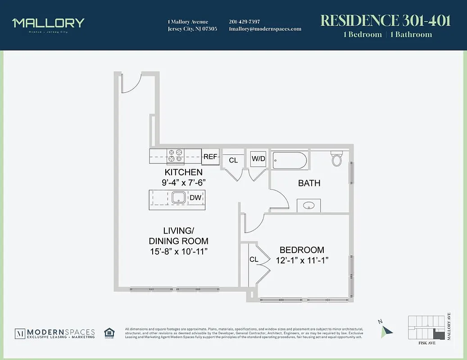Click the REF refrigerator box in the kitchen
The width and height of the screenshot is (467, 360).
click(x=210, y=157)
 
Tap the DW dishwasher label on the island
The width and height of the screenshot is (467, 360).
click(x=195, y=198)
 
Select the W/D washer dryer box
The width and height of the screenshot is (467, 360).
click(x=258, y=158)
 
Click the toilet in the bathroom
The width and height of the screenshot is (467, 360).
click(x=337, y=158)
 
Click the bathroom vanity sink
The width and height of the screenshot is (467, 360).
click(x=309, y=206)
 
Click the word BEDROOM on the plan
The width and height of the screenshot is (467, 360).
click(x=302, y=250)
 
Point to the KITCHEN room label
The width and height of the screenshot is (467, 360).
click(x=183, y=172)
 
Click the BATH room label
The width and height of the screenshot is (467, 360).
click(x=309, y=183)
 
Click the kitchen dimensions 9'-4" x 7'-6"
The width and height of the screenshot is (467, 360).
click(x=183, y=183)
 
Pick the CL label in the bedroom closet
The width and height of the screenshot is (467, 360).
click(x=254, y=260)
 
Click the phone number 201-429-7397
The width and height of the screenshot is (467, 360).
click(x=244, y=22)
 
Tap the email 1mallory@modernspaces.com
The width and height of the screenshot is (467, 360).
click(x=265, y=29)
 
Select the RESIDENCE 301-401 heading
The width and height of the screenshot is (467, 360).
click(x=385, y=21)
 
